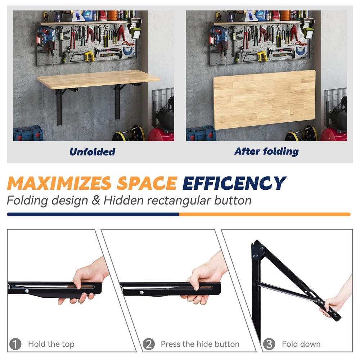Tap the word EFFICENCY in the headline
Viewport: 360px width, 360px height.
[x=234, y=183]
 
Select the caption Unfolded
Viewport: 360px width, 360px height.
[x=92, y=152]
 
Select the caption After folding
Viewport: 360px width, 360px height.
[x=266, y=152]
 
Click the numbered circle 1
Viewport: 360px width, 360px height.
[x=15, y=344]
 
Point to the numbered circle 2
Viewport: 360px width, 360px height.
[x=148, y=344]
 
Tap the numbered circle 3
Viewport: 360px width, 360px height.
[x=269, y=344]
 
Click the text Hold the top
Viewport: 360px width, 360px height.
[x=51, y=344]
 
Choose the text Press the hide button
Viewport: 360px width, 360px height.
[x=200, y=344]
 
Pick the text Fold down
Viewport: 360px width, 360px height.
[x=301, y=344]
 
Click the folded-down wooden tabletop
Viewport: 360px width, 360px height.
[x=265, y=99]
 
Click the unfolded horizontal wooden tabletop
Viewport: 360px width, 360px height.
[x=97, y=79]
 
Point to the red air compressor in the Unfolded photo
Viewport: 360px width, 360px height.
[x=161, y=134]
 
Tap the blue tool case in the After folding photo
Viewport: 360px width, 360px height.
[x=201, y=133]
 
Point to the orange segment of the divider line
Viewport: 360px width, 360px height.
[x=265, y=214]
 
